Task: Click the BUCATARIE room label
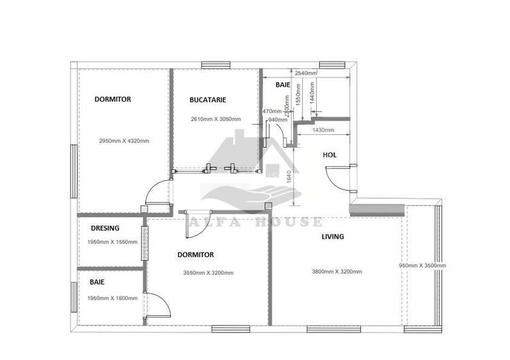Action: pos(208,100)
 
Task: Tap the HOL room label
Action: pos(330,155)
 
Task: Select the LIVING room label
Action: pos(332,237)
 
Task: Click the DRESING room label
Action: pos(105,228)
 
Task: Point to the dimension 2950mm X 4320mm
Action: pos(124,141)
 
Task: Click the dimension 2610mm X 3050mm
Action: pos(216,119)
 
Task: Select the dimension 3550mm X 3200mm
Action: pos(208,273)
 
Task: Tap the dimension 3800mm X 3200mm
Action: pos(337,272)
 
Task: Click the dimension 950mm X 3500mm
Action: pos(422,265)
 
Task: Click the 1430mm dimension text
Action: pos(323,130)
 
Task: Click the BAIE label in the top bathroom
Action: pos(283,84)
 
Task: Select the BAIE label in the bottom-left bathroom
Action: pos(97,281)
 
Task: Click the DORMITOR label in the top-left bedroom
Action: pos(113,99)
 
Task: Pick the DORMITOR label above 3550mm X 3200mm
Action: pos(195,254)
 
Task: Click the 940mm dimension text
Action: pos(277,120)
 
